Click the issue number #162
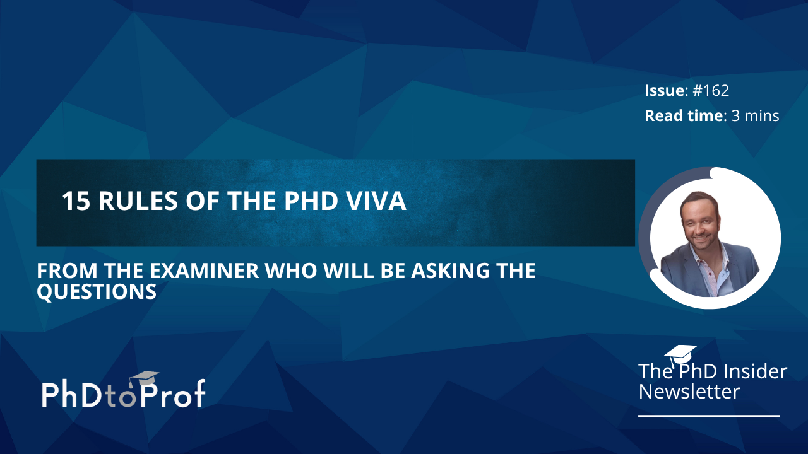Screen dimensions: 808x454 point(711,90)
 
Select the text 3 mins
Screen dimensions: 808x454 point(756,115)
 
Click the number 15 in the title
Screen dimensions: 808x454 point(76,201)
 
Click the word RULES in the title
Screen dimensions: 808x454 point(138,201)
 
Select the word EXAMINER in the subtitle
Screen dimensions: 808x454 point(204,271)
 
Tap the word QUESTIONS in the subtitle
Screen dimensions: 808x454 point(97,291)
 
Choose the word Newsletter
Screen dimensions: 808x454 point(689,392)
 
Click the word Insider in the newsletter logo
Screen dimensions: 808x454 point(752,371)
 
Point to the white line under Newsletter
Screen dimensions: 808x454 point(709,416)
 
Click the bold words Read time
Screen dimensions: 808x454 point(684,115)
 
